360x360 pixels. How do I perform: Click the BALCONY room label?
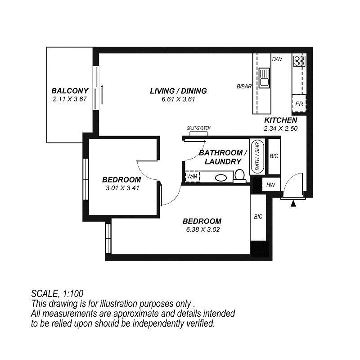(x=70, y=91)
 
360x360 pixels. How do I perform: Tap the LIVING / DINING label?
(x=178, y=91)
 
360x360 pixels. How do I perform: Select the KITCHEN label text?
(x=280, y=120)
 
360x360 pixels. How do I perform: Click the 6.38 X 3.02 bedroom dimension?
(x=203, y=229)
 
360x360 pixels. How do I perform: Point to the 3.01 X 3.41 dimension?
(x=122, y=188)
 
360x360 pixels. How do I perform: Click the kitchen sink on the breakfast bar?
(x=265, y=77)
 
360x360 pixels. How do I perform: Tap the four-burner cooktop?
(x=299, y=61)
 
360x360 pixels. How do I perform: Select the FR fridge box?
(x=299, y=104)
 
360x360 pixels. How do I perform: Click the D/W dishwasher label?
(x=277, y=59)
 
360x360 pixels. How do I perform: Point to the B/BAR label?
(x=244, y=87)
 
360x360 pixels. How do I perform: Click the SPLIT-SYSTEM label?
(x=198, y=128)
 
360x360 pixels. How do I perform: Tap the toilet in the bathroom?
(x=240, y=176)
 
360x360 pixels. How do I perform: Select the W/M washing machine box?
(x=192, y=177)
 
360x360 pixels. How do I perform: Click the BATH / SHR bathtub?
(x=257, y=156)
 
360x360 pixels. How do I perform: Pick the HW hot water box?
(x=271, y=185)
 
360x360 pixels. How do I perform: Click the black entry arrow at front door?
(x=293, y=204)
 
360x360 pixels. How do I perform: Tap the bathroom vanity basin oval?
(x=221, y=178)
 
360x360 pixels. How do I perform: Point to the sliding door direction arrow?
(x=102, y=95)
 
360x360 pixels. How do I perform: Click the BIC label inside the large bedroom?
(x=258, y=217)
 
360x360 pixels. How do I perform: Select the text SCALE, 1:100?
(x=57, y=294)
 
